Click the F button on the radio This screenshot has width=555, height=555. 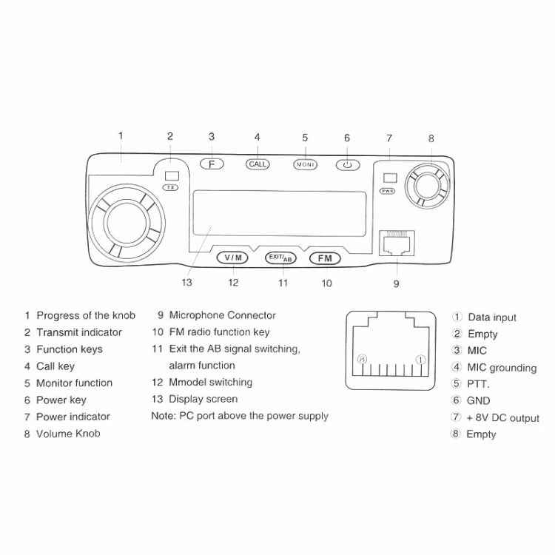[211, 164]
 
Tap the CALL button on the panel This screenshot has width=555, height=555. [258, 164]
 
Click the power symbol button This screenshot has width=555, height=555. [347, 164]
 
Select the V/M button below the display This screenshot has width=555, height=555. [233, 258]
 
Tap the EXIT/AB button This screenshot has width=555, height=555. [280, 258]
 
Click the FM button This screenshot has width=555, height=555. [325, 258]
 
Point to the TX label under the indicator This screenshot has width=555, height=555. [171, 188]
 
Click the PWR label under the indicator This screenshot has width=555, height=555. [387, 191]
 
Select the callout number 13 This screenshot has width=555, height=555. [187, 282]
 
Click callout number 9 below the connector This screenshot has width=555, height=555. [396, 283]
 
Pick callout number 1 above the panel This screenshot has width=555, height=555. [121, 135]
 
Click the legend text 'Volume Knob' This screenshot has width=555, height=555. [68, 434]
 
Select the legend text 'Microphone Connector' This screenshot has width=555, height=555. [222, 315]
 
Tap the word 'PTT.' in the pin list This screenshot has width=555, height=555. [479, 383]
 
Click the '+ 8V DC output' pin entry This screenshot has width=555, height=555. [502, 417]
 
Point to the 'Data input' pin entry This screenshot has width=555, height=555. [492, 317]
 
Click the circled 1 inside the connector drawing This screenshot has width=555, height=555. [420, 360]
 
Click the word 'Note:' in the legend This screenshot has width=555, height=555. [163, 416]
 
